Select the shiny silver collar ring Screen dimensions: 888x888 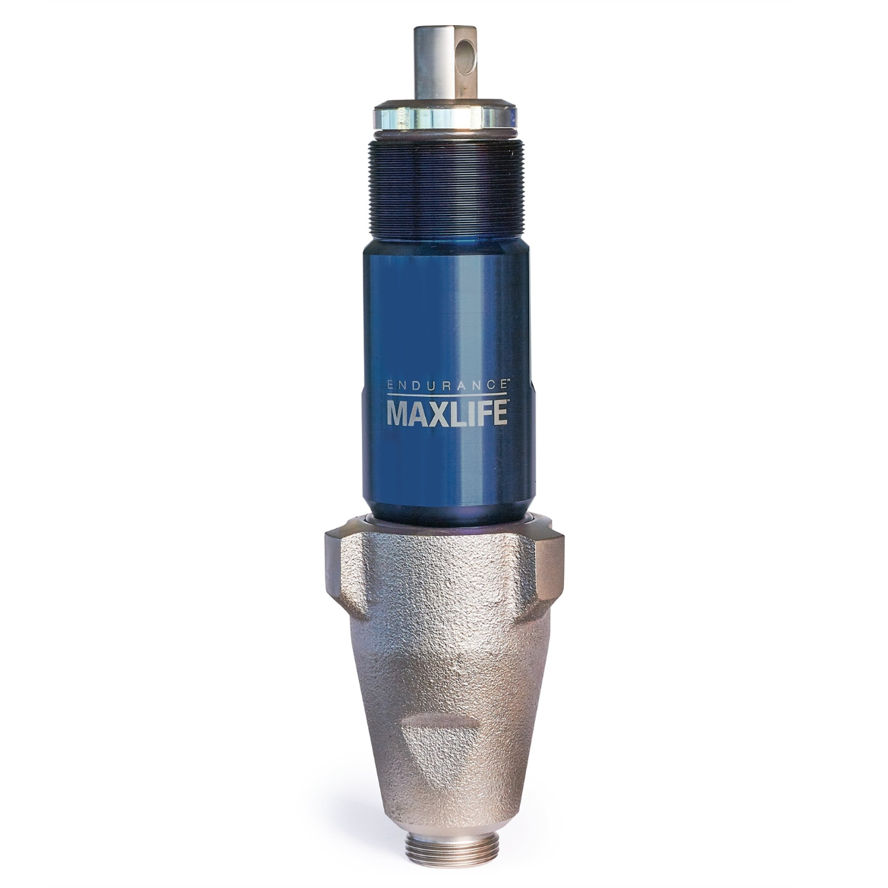click(x=445, y=118)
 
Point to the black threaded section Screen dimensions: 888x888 click(x=446, y=190)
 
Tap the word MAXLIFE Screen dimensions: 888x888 click(x=446, y=413)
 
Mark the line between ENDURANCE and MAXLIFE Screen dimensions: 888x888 click(x=447, y=395)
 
